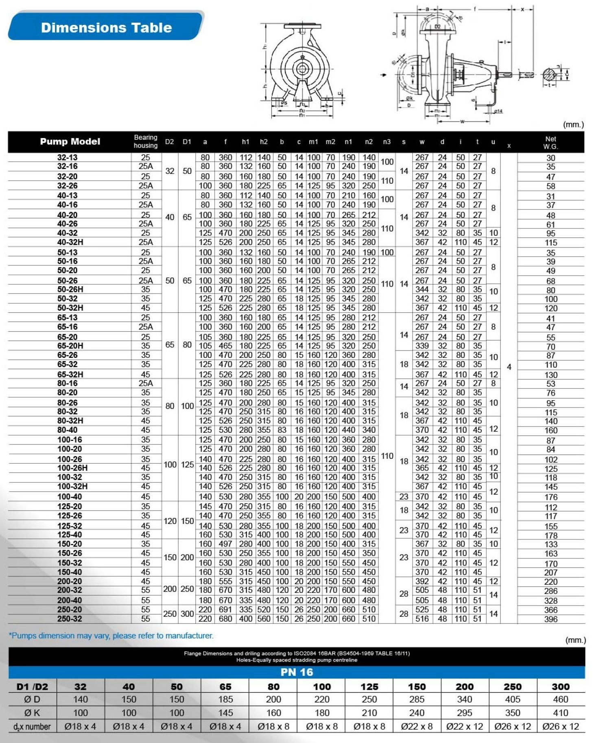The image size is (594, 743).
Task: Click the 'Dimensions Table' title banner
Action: (x=106, y=27)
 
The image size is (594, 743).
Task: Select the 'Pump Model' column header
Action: (x=70, y=142)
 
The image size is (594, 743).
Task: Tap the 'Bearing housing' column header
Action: (x=145, y=141)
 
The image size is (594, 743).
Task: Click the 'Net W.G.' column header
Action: (x=550, y=142)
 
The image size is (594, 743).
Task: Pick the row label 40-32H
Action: (x=70, y=242)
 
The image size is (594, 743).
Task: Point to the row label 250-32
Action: (x=70, y=619)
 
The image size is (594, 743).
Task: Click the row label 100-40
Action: (x=70, y=497)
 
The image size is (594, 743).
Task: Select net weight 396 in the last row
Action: (x=551, y=619)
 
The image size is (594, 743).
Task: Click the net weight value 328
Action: (x=551, y=601)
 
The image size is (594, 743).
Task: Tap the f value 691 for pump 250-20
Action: (x=225, y=610)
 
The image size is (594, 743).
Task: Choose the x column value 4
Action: (x=509, y=367)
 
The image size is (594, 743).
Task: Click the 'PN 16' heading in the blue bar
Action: (x=297, y=672)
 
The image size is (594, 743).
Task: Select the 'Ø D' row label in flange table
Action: (x=32, y=699)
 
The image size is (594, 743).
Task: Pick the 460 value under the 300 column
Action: (x=560, y=699)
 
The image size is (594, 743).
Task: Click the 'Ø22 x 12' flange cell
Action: (x=464, y=726)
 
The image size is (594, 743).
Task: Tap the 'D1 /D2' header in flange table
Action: (x=32, y=687)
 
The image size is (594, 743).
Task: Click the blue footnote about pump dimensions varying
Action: (x=111, y=636)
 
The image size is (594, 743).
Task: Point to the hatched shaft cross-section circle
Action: (x=549, y=75)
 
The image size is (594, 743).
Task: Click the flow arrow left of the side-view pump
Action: (x=384, y=75)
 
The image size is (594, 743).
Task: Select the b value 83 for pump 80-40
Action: (x=282, y=430)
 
